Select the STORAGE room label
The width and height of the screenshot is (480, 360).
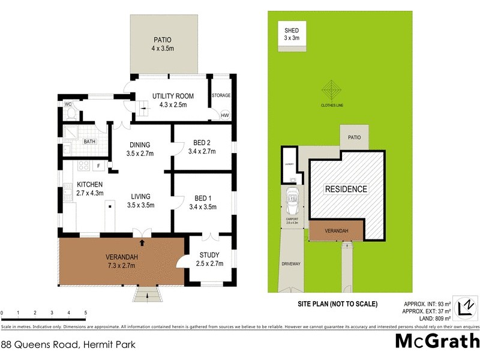[221, 95]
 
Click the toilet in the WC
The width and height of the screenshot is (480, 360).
[71, 113]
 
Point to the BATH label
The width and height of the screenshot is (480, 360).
[89, 142]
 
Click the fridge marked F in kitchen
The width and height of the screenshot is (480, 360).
[98, 166]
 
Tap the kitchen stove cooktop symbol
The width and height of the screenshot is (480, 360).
[84, 166]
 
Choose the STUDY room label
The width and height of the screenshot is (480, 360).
[211, 255]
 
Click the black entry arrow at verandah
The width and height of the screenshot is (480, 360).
[142, 242]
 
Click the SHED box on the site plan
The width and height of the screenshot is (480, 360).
[295, 34]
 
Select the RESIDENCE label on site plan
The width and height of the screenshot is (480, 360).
[346, 189]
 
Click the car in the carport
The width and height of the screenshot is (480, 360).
[293, 200]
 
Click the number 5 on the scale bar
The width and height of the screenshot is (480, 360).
[86, 313]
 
